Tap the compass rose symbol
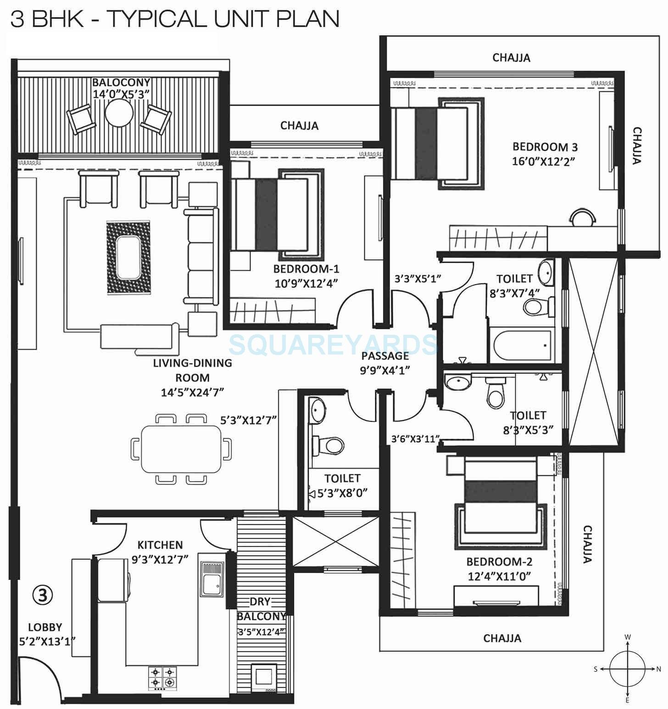[x=627, y=669]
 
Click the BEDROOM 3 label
[x=545, y=147]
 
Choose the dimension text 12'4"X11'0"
[x=499, y=576]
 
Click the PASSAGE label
[x=384, y=355]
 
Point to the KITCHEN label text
[x=160, y=545]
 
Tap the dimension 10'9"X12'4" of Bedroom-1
[x=306, y=283]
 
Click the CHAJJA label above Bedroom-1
[x=299, y=125]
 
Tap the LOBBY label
[x=45, y=627]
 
